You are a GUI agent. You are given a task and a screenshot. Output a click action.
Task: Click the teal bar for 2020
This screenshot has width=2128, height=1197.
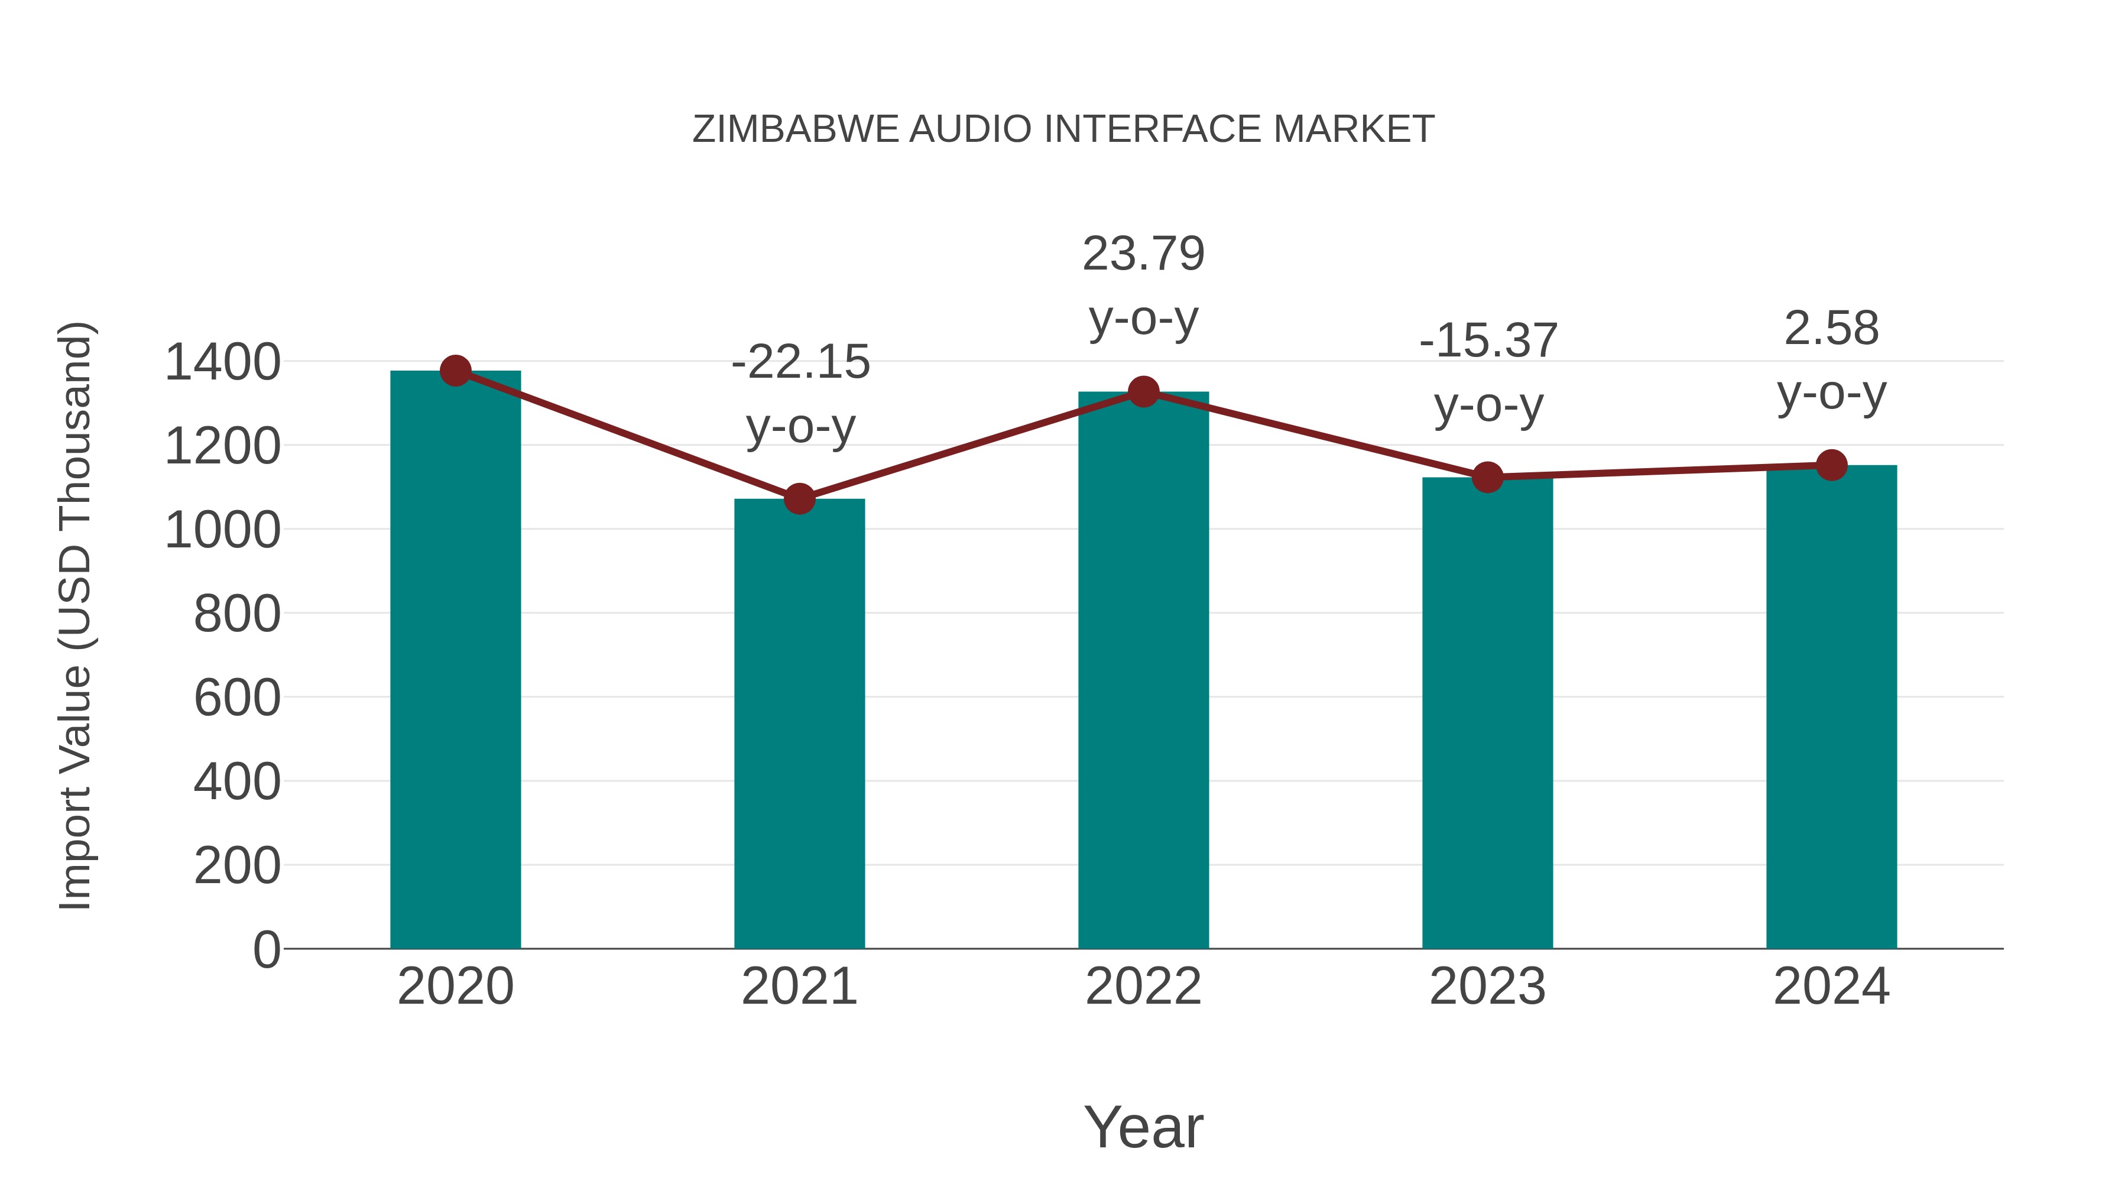pyautogui.click(x=455, y=661)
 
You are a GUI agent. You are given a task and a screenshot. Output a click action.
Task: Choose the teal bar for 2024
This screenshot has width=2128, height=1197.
pyautogui.click(x=1831, y=707)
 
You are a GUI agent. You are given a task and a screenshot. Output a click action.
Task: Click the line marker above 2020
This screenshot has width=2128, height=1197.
pyautogui.click(x=455, y=371)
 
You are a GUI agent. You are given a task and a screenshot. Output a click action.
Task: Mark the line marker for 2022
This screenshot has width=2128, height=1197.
pyautogui.click(x=1143, y=391)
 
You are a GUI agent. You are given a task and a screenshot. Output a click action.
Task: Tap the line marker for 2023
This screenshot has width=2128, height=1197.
pyautogui.click(x=1487, y=478)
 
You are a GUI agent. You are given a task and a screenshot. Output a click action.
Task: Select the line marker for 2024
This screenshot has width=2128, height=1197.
pyautogui.click(x=1831, y=465)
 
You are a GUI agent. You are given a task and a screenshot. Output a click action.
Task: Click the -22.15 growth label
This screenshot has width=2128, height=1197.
pyautogui.click(x=800, y=363)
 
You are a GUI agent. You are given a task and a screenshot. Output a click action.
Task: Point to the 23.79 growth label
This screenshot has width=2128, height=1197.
pyautogui.click(x=1143, y=254)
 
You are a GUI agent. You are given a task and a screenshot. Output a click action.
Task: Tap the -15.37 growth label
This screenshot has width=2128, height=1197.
pyautogui.click(x=1488, y=341)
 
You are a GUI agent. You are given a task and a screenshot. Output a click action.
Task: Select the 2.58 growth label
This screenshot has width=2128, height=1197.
pyautogui.click(x=1831, y=329)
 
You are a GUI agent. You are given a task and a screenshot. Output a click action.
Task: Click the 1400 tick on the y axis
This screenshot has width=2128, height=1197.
pyautogui.click(x=222, y=363)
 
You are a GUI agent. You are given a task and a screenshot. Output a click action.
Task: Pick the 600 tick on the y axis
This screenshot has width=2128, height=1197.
pyautogui.click(x=237, y=698)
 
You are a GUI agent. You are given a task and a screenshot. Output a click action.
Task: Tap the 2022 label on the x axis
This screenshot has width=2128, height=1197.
pyautogui.click(x=1143, y=987)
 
